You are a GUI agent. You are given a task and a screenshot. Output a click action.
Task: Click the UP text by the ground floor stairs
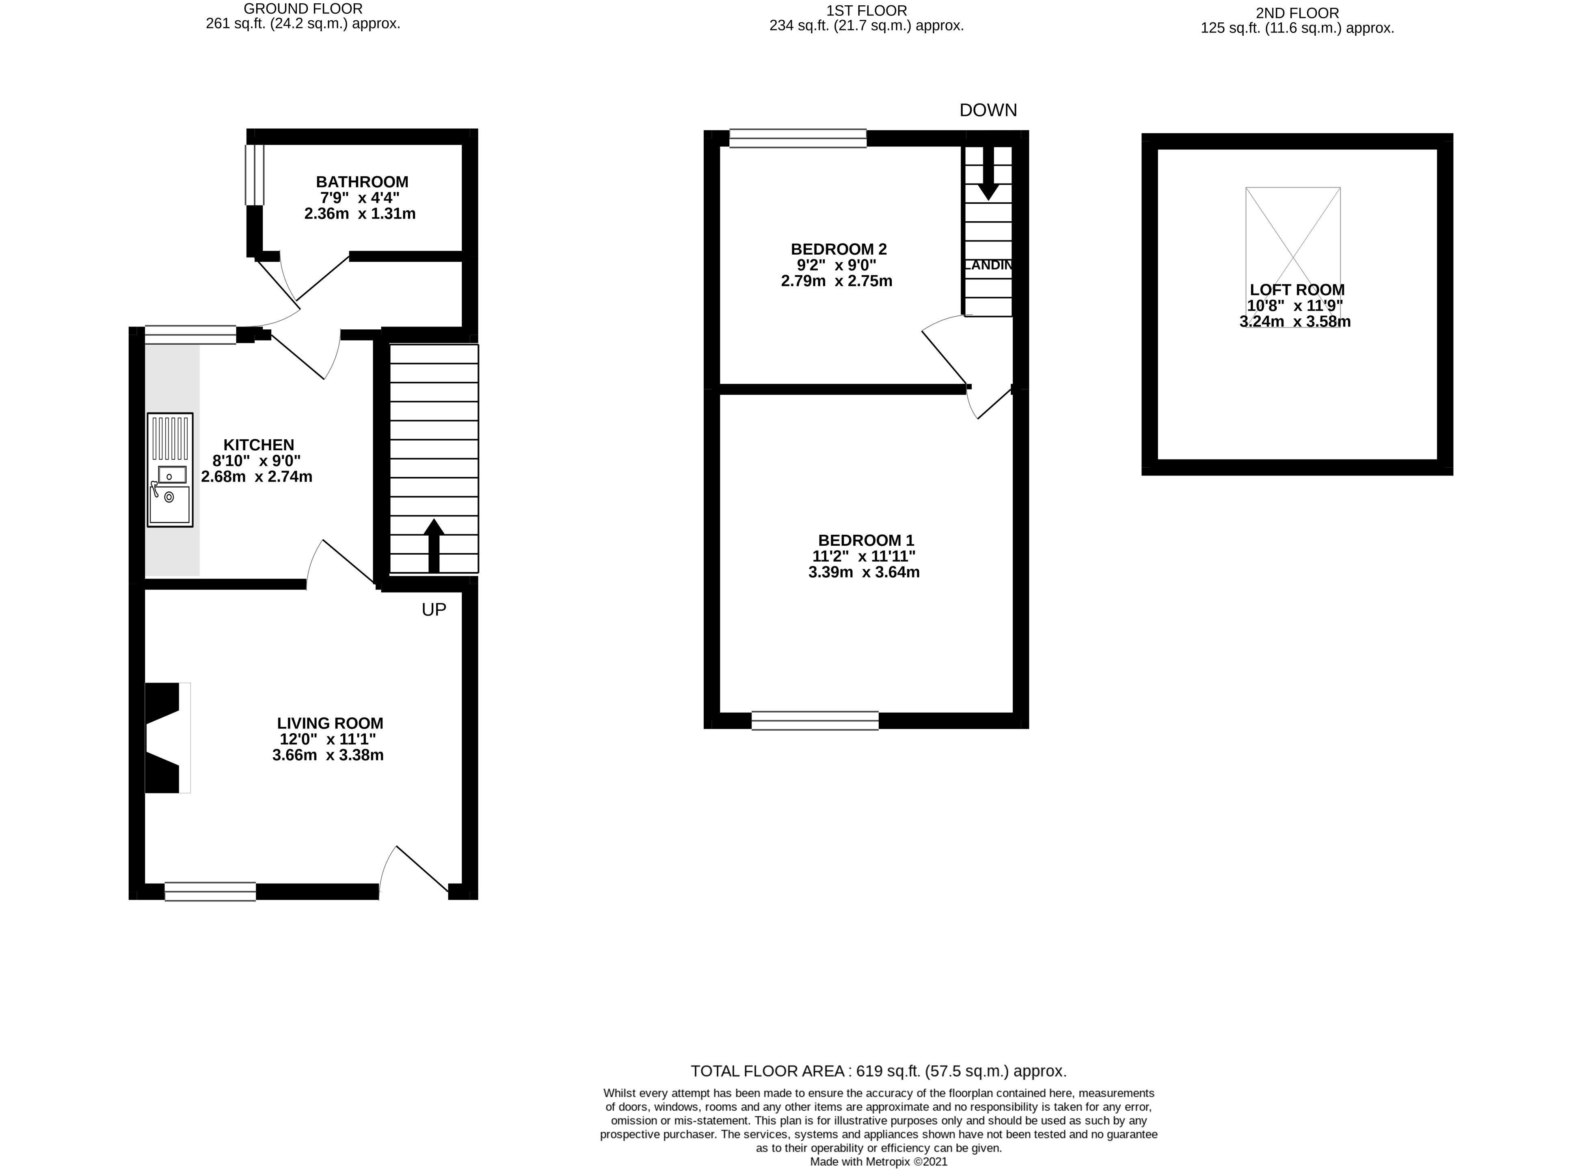(x=434, y=610)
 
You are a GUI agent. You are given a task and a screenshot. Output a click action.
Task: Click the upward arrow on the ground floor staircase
(x=434, y=545)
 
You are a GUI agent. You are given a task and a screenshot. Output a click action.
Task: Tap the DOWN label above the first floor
(x=988, y=110)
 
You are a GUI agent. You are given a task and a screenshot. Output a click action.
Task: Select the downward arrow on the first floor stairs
(x=988, y=173)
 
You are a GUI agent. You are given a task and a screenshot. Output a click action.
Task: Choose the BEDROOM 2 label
(x=839, y=249)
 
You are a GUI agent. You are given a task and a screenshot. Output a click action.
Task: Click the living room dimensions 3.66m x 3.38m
(x=328, y=755)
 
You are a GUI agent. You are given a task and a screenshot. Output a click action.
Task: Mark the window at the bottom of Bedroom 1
(x=815, y=720)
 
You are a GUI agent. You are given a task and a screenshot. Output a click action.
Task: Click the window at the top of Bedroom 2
(x=797, y=138)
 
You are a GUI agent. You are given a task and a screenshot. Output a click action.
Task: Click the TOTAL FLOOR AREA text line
(x=878, y=1071)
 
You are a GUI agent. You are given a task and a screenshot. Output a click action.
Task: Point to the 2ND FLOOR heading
(x=1297, y=13)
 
